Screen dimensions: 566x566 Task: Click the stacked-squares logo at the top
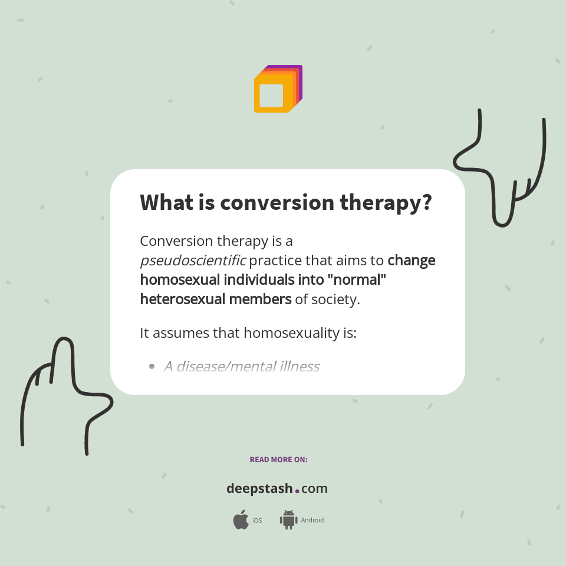pos(278,88)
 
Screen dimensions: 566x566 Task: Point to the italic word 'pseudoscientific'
pos(192,260)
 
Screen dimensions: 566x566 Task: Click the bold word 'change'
pos(412,260)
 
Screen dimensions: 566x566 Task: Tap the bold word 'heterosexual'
pos(177,299)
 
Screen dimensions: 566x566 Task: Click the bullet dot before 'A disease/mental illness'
pos(152,367)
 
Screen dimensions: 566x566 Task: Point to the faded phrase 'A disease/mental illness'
pos(242,367)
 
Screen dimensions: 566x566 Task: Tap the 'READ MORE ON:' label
pos(278,459)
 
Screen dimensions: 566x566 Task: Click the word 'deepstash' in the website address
pos(259,488)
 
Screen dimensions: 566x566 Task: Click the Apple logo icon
pos(241,520)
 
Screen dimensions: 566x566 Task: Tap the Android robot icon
pos(288,520)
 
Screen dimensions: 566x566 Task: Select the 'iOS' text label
pos(257,521)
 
